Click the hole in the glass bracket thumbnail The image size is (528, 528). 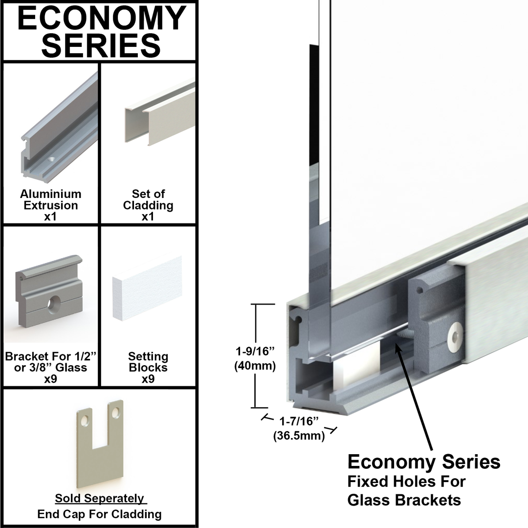tap(51, 307)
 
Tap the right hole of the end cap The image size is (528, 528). tap(115, 414)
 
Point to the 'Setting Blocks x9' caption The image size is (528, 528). tap(148, 367)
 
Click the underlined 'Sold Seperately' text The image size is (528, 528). tap(99, 498)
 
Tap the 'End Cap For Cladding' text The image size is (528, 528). tap(99, 514)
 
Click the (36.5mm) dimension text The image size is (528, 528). tap(299, 436)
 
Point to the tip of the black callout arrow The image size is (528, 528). tap(398, 343)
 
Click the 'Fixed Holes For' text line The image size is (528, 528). tap(406, 481)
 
